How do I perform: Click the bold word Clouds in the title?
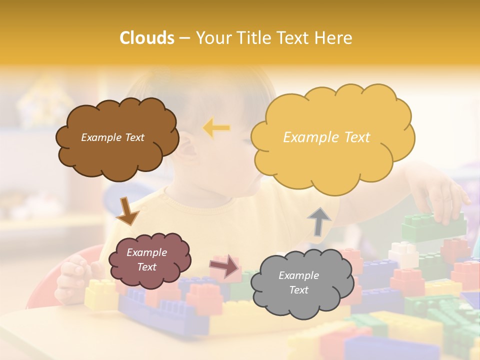[146, 38]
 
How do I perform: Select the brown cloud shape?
[117, 155]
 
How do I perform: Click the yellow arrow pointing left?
[216, 128]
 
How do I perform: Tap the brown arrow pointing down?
[127, 210]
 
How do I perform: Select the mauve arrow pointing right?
[224, 266]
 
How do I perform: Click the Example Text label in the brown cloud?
[112, 137]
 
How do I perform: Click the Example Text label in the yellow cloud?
[326, 137]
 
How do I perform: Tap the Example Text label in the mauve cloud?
[146, 259]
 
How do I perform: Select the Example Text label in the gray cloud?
[298, 282]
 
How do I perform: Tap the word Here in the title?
[334, 38]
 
